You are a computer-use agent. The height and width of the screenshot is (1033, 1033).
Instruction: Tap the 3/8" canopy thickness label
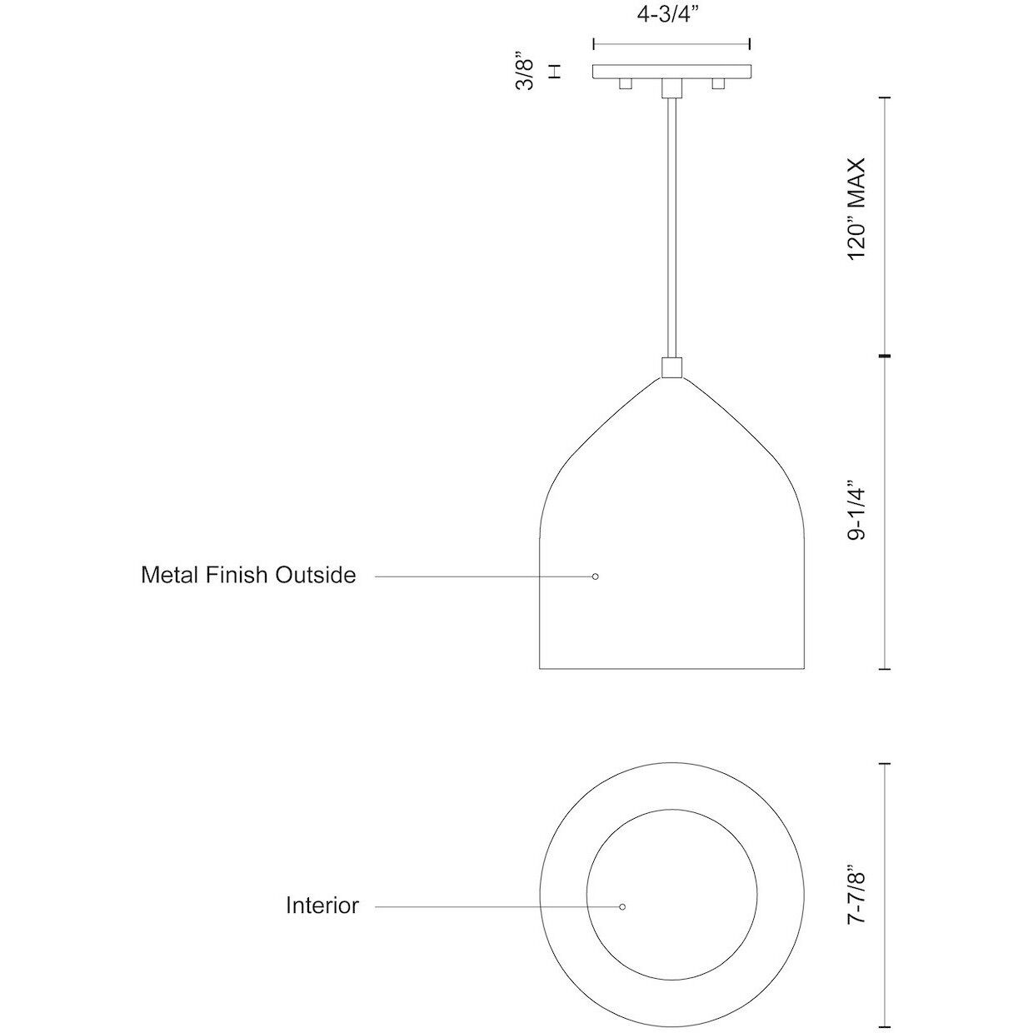526,72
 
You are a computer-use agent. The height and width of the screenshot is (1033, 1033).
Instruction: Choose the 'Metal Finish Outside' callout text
248,575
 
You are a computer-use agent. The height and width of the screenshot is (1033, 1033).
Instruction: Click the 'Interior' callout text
322,906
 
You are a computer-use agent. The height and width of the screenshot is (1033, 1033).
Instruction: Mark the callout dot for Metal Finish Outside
595,576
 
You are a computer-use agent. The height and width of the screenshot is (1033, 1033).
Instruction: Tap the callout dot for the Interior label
622,906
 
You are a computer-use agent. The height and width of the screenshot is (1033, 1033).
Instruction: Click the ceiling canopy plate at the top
671,72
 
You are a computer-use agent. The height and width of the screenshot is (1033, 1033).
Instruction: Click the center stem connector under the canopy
671,88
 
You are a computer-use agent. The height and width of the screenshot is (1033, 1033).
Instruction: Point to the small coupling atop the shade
671,367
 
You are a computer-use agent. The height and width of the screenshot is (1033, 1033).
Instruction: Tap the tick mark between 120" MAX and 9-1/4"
885,357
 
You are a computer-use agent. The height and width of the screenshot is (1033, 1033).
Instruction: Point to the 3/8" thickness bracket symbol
555,72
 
